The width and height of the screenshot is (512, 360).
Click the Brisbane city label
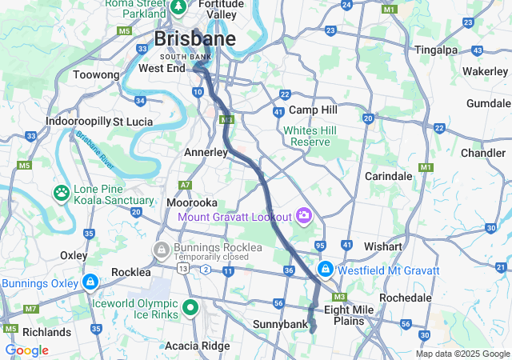pos(194,38)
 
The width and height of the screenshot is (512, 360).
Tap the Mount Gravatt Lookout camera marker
pos(304,214)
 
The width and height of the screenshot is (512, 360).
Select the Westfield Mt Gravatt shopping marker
pos(326,270)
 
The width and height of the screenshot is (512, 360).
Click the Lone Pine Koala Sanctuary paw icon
pos(61,192)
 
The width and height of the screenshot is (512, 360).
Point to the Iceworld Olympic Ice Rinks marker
pos(190,307)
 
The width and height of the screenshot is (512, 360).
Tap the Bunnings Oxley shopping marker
pos(90,282)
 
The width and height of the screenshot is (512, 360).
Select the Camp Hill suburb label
pos(313,110)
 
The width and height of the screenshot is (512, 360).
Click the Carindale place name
pos(388,176)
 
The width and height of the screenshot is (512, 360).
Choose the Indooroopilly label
pos(78,121)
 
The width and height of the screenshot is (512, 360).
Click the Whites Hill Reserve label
pos(310,136)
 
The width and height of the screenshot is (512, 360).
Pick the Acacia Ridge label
pos(197,346)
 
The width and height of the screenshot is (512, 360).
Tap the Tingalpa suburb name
pos(436,50)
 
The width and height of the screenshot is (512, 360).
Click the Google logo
pos(26,350)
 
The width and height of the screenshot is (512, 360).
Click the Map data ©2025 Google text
pos(462,354)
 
